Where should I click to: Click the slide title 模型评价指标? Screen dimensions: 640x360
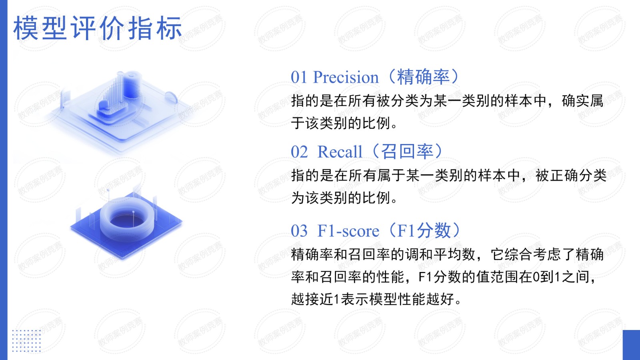click(98, 28)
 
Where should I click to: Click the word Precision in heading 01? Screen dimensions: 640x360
click(346, 77)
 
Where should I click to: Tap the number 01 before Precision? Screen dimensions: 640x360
click(298, 78)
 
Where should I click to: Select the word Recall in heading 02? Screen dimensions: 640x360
click(340, 152)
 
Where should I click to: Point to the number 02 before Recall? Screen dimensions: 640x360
click(299, 152)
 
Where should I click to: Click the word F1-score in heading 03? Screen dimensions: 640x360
click(348, 231)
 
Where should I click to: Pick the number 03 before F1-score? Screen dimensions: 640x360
click(299, 231)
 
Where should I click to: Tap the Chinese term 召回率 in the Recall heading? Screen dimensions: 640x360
click(407, 152)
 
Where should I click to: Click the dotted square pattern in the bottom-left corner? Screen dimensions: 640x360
click(26, 340)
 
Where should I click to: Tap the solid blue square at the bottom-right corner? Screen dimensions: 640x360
click(631, 345)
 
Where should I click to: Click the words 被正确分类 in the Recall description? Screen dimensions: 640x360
click(571, 175)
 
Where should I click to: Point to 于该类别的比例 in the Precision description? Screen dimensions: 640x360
click(340, 124)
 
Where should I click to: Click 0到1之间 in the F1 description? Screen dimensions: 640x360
click(561, 277)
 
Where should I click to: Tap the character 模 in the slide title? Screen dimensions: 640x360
click(26, 28)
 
